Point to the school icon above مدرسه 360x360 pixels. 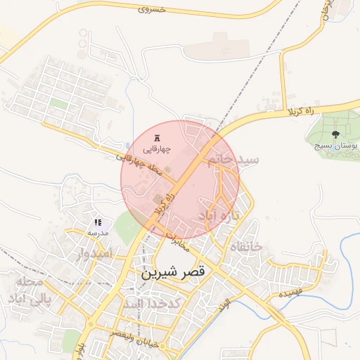coord(97,221)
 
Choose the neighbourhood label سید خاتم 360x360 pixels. coord(234,160)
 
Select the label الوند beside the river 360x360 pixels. coord(224,304)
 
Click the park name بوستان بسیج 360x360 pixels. coord(336,147)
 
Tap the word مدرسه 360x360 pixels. coord(97,232)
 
